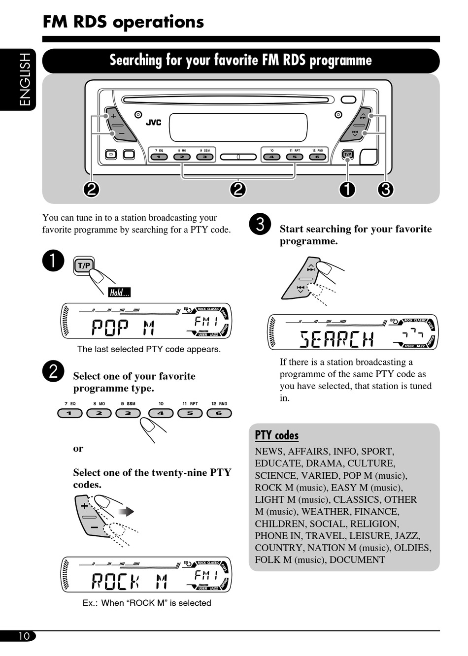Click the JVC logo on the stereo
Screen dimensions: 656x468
tap(153, 122)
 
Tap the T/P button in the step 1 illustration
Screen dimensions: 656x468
tap(84, 266)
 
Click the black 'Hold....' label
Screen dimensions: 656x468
tap(119, 293)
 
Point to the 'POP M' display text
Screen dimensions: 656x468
tap(123, 328)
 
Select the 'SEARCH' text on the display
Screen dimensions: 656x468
tap(337, 339)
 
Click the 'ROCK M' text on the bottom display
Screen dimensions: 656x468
tap(130, 582)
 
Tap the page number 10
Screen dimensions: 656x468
tap(24, 636)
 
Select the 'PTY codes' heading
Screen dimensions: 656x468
tap(276, 435)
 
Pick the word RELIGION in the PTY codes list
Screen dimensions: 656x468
tap(375, 524)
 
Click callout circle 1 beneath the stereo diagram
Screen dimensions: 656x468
tap(347, 189)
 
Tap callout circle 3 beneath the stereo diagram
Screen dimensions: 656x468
tap(386, 189)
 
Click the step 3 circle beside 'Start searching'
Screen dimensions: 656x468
tap(260, 224)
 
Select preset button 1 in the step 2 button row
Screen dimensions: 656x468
tap(69, 413)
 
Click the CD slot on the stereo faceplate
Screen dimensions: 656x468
tap(225, 100)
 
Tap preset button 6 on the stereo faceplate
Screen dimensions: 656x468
tap(317, 157)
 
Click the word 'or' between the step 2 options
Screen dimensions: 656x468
tap(78, 449)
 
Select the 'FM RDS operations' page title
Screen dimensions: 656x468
tap(123, 22)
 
